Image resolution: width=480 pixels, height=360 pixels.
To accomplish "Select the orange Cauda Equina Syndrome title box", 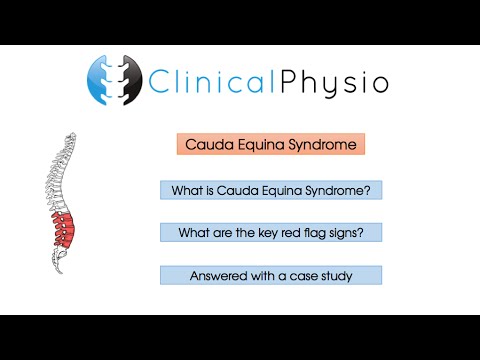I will tap(270, 144).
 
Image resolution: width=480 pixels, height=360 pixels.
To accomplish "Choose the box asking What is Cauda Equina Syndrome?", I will tap(270, 189).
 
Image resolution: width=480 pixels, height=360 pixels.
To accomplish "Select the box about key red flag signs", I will tap(270, 232).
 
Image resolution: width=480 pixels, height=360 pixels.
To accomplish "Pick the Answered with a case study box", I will tap(270, 275).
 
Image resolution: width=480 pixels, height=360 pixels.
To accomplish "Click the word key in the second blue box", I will tap(266, 232).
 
